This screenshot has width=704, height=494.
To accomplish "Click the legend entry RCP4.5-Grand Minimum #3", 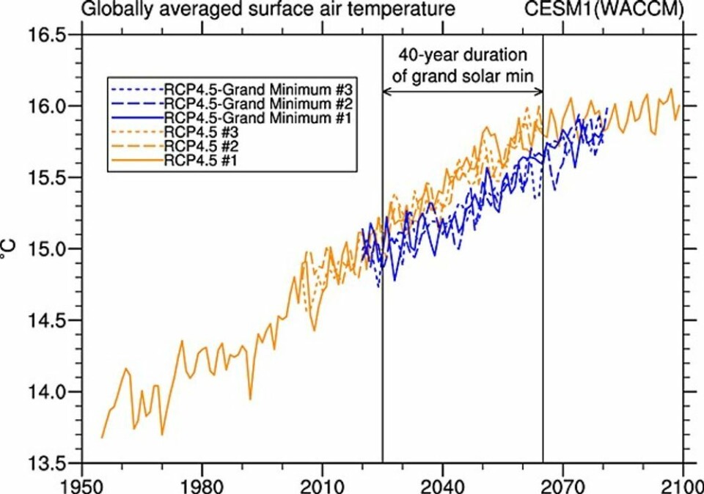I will tap(230, 91).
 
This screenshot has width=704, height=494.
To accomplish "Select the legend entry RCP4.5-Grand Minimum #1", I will tap(230, 117).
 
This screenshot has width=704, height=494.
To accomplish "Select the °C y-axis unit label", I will tap(12, 251).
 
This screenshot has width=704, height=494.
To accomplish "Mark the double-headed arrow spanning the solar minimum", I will tap(463, 91).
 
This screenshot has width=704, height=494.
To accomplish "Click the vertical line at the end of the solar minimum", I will tap(543, 293).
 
